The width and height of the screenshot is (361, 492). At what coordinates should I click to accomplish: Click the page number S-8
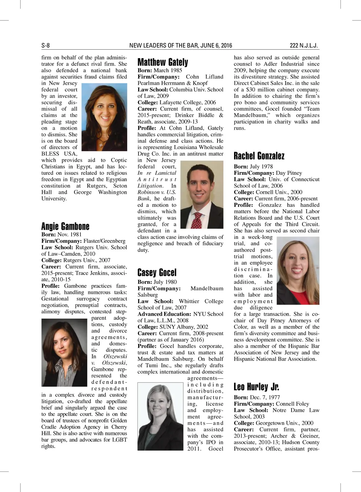pyautogui.click(x=45, y=45)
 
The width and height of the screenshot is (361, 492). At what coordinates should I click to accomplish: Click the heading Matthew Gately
pyautogui.click(x=163, y=62)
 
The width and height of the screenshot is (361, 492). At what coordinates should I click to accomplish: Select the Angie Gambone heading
pyautogui.click(x=65, y=226)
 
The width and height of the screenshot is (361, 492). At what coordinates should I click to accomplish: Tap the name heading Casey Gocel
pyautogui.click(x=157, y=272)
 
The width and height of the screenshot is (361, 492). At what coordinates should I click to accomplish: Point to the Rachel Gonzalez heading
pyautogui.click(x=259, y=156)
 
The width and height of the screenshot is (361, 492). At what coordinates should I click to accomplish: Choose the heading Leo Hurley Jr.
pyautogui.click(x=256, y=387)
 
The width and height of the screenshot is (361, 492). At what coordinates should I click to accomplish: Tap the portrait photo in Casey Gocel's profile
pyautogui.click(x=160, y=416)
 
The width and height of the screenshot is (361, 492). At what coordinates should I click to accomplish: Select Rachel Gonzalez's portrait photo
pyautogui.click(x=298, y=270)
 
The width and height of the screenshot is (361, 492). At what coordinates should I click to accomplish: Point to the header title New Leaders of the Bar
pyautogui.click(x=180, y=45)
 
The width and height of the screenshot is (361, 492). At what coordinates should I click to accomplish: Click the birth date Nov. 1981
pyautogui.click(x=69, y=234)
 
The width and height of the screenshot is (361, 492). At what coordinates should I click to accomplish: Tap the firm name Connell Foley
pyautogui.click(x=292, y=404)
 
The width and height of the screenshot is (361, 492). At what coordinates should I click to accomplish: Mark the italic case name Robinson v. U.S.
pyautogui.click(x=157, y=192)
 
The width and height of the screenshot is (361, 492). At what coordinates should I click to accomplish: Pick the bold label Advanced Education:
pyautogui.click(x=164, y=314)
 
